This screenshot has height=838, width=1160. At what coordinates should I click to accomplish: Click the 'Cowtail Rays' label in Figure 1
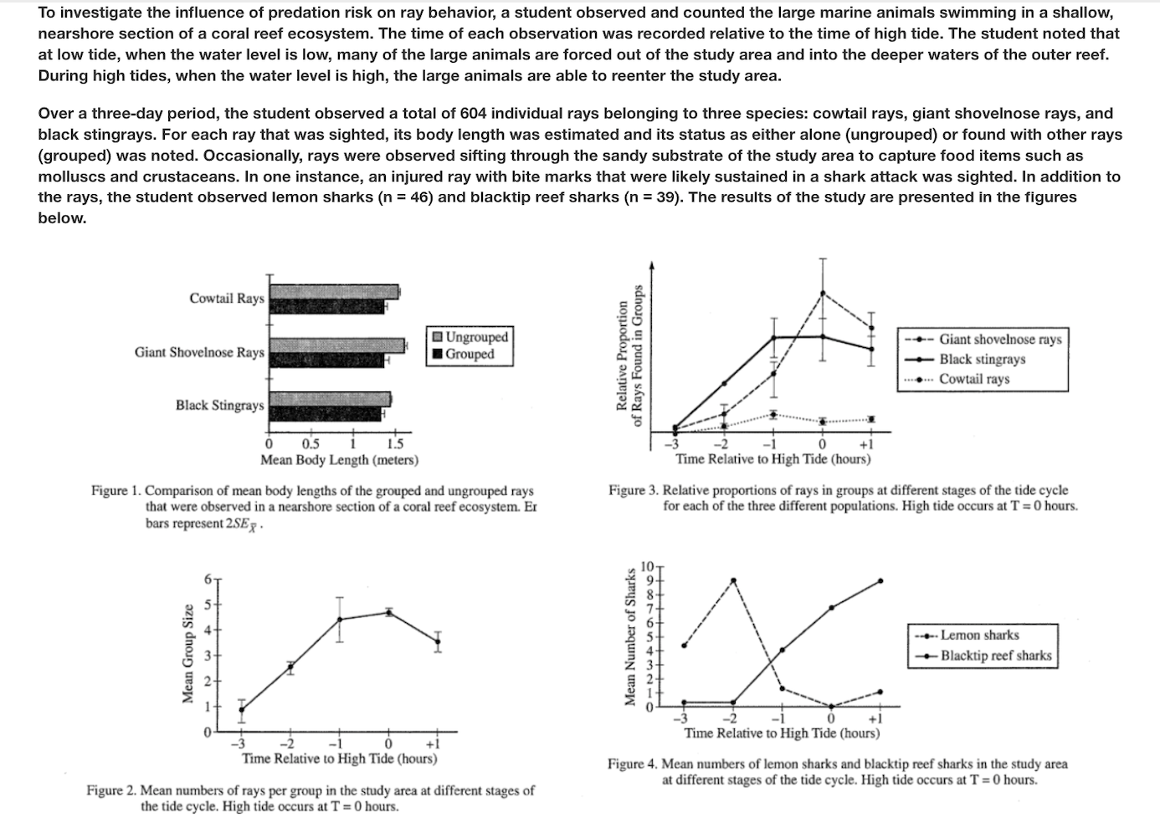[226, 299]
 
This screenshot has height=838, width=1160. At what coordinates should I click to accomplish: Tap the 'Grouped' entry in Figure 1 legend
[470, 354]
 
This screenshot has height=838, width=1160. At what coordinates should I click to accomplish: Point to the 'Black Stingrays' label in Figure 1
[219, 406]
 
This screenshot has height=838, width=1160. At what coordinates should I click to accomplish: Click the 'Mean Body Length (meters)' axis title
[339, 460]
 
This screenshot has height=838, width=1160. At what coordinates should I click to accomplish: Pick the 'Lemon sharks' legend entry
[979, 636]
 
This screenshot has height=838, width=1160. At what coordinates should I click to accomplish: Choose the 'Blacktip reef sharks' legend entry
[995, 656]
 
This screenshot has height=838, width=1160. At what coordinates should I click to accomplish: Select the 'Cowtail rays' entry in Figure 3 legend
[974, 379]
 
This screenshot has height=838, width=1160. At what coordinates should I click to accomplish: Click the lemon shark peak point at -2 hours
[734, 580]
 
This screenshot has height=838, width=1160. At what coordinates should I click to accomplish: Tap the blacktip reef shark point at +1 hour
[880, 580]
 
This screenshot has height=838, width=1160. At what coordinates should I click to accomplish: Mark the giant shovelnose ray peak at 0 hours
[823, 293]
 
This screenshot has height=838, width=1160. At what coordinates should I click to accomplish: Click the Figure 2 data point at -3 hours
[242, 709]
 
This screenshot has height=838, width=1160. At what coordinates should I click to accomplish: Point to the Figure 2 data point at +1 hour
[437, 641]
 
